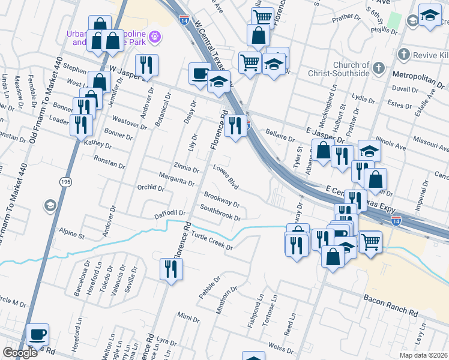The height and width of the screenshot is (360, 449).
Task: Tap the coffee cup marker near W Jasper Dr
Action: (200, 73)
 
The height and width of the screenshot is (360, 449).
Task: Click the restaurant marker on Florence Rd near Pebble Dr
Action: (168, 269)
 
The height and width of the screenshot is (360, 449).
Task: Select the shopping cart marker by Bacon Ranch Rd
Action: (370, 242)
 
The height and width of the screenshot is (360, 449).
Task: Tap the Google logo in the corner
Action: (20, 352)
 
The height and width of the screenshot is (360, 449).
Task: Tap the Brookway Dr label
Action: (221, 198)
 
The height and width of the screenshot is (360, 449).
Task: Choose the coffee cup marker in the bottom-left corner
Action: (37, 334)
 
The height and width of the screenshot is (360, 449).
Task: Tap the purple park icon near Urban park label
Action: (155, 37)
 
